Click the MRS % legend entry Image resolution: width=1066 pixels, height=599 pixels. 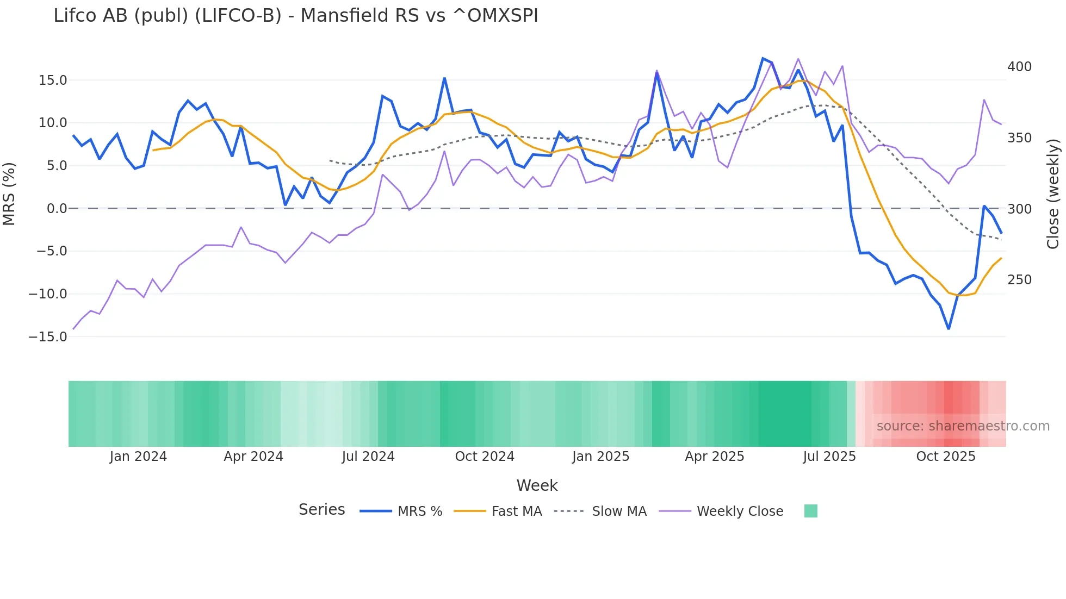point(419,511)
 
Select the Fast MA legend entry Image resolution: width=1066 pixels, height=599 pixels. point(516,511)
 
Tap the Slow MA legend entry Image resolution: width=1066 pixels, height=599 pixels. point(619,511)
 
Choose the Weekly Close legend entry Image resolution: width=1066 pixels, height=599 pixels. point(740,511)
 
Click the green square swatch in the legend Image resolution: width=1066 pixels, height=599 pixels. point(810,511)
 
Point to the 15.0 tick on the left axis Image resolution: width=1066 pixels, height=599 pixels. point(53,80)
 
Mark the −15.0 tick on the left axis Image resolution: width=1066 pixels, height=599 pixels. point(48,337)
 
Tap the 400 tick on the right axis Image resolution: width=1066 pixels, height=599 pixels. point(1019,67)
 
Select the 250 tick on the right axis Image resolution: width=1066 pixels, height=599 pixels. point(1019,280)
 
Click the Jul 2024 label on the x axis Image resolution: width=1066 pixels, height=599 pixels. point(368,457)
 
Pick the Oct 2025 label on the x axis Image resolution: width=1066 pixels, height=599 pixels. point(946,457)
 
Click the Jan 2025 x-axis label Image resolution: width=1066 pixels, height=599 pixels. point(600,457)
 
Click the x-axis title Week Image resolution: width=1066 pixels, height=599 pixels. point(537,485)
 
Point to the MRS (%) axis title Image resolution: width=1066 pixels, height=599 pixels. point(9,194)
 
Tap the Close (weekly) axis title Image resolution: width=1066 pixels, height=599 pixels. point(1053,194)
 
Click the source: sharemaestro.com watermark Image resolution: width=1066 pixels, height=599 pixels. point(963,426)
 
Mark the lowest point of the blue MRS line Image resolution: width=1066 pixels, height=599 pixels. point(949,329)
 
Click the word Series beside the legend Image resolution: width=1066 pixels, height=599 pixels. point(321,510)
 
